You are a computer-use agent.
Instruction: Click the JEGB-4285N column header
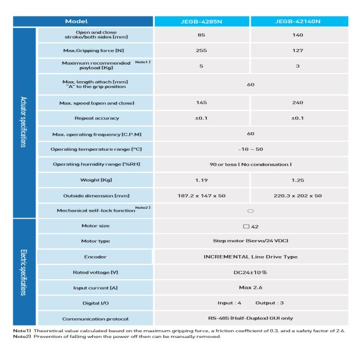(202, 22)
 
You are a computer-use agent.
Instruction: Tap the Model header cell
(83, 22)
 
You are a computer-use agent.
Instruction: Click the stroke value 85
(202, 35)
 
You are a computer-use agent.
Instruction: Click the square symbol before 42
(245, 226)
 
